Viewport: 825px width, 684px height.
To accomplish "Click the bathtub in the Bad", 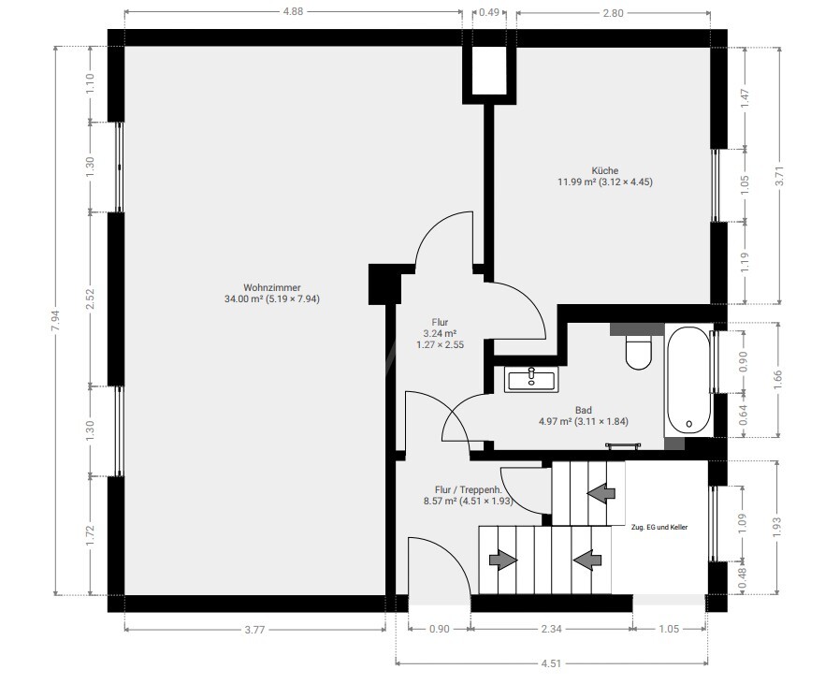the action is (x=688, y=381).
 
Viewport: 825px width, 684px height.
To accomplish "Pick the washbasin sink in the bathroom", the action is (x=531, y=379).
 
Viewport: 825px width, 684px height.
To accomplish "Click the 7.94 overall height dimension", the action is (x=56, y=320).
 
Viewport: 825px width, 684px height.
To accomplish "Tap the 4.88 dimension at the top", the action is (x=293, y=11).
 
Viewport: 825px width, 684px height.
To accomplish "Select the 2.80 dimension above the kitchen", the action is (x=613, y=12).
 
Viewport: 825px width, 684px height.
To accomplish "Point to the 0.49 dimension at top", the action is (x=489, y=12).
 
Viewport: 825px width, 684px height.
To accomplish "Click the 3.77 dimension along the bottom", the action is (x=254, y=630).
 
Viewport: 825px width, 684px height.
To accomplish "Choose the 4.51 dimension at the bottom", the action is (x=551, y=663).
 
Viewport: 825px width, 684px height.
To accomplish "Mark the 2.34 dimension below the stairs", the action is (x=551, y=629).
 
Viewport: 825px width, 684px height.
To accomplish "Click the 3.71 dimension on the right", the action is (x=779, y=176).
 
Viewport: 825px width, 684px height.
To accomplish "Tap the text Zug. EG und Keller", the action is (x=659, y=527).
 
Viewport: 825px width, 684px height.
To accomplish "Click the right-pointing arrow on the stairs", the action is (x=503, y=560).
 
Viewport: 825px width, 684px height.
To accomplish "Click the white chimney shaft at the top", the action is (x=489, y=70).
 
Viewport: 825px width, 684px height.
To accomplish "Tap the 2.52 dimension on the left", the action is (x=90, y=298).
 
